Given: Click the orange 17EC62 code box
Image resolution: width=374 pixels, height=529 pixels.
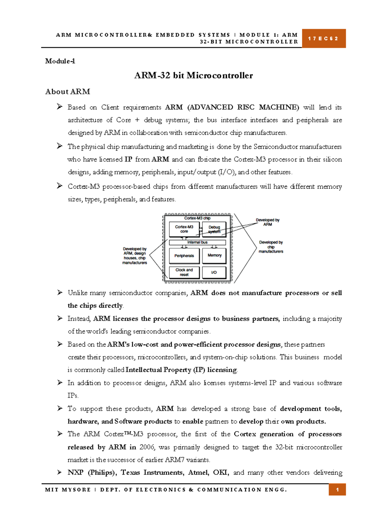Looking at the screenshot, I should (324, 38).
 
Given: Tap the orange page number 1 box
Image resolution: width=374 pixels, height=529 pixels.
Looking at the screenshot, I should (337, 490).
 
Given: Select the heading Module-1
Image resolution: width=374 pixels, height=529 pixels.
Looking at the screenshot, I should (60, 61).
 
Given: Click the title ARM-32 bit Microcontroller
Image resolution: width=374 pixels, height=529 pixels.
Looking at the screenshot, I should (193, 75).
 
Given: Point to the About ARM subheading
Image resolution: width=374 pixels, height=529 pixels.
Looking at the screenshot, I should (68, 92).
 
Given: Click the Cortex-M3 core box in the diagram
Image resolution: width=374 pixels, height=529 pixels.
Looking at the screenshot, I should (184, 229).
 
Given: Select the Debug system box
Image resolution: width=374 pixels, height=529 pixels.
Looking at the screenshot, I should (214, 230).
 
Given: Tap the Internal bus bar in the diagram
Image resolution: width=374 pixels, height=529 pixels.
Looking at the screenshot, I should (197, 242).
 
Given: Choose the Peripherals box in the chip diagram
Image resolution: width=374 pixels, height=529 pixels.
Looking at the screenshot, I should (184, 256).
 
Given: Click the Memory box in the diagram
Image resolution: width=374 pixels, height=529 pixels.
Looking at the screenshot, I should (214, 255).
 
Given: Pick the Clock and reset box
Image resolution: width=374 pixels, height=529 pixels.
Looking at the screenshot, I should (184, 272).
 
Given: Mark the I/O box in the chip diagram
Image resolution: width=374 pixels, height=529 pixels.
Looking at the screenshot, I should (214, 272).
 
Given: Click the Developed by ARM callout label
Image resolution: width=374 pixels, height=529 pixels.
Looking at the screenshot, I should (267, 222).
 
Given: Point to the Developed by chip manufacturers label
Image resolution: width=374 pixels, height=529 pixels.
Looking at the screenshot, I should (271, 247).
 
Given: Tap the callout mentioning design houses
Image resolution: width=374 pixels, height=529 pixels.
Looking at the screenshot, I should (135, 256).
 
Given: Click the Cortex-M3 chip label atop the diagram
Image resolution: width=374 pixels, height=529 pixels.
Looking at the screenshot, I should (197, 218).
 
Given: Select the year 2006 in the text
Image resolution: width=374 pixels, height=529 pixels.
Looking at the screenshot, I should (147, 447).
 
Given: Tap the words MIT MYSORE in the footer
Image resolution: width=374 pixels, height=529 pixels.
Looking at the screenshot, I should (68, 490).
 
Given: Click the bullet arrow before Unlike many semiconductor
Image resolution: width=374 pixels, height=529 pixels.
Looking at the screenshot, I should (60, 293).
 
